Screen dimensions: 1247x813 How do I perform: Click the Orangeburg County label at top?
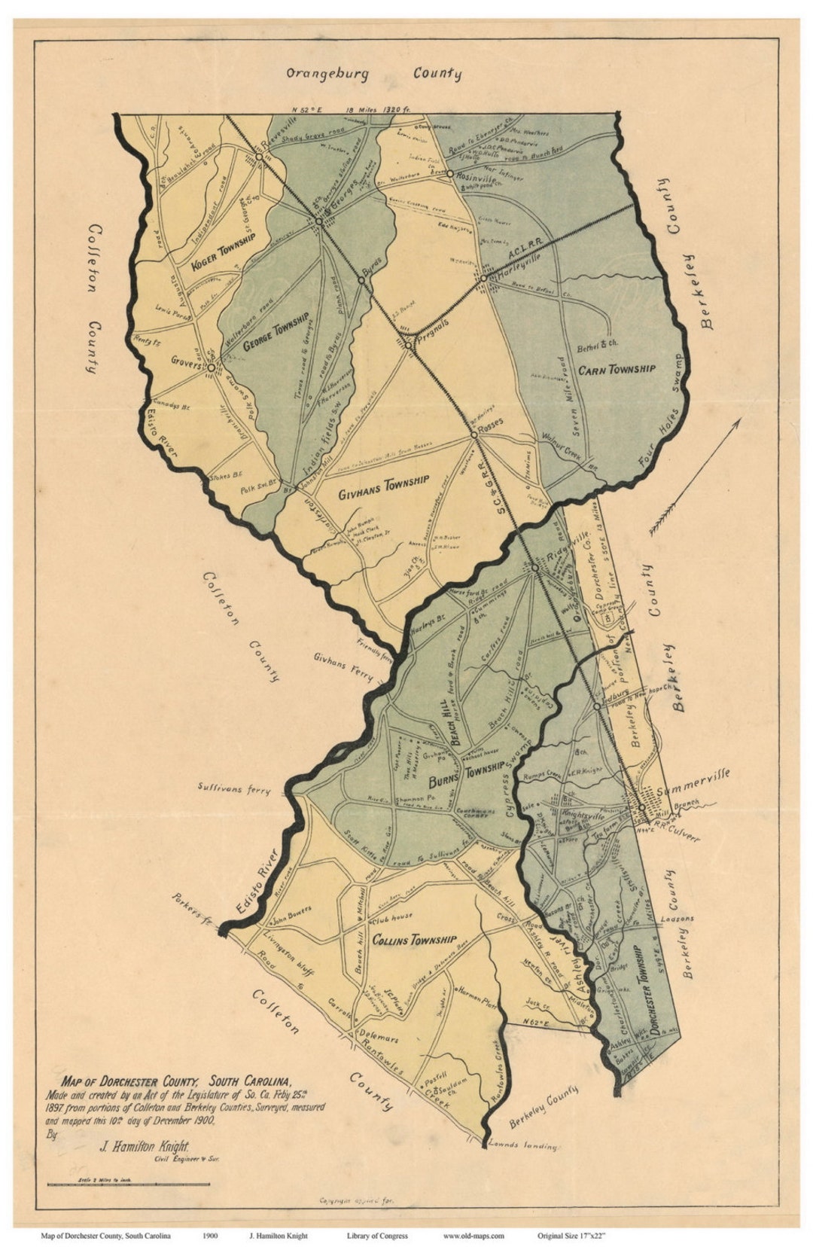click(373, 74)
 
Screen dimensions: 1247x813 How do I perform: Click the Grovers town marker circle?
click(212, 367)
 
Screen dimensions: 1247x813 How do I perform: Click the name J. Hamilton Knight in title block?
click(143, 1147)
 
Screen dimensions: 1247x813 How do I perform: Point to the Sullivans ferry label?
click(233, 790)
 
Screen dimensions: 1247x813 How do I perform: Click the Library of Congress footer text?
click(377, 1236)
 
